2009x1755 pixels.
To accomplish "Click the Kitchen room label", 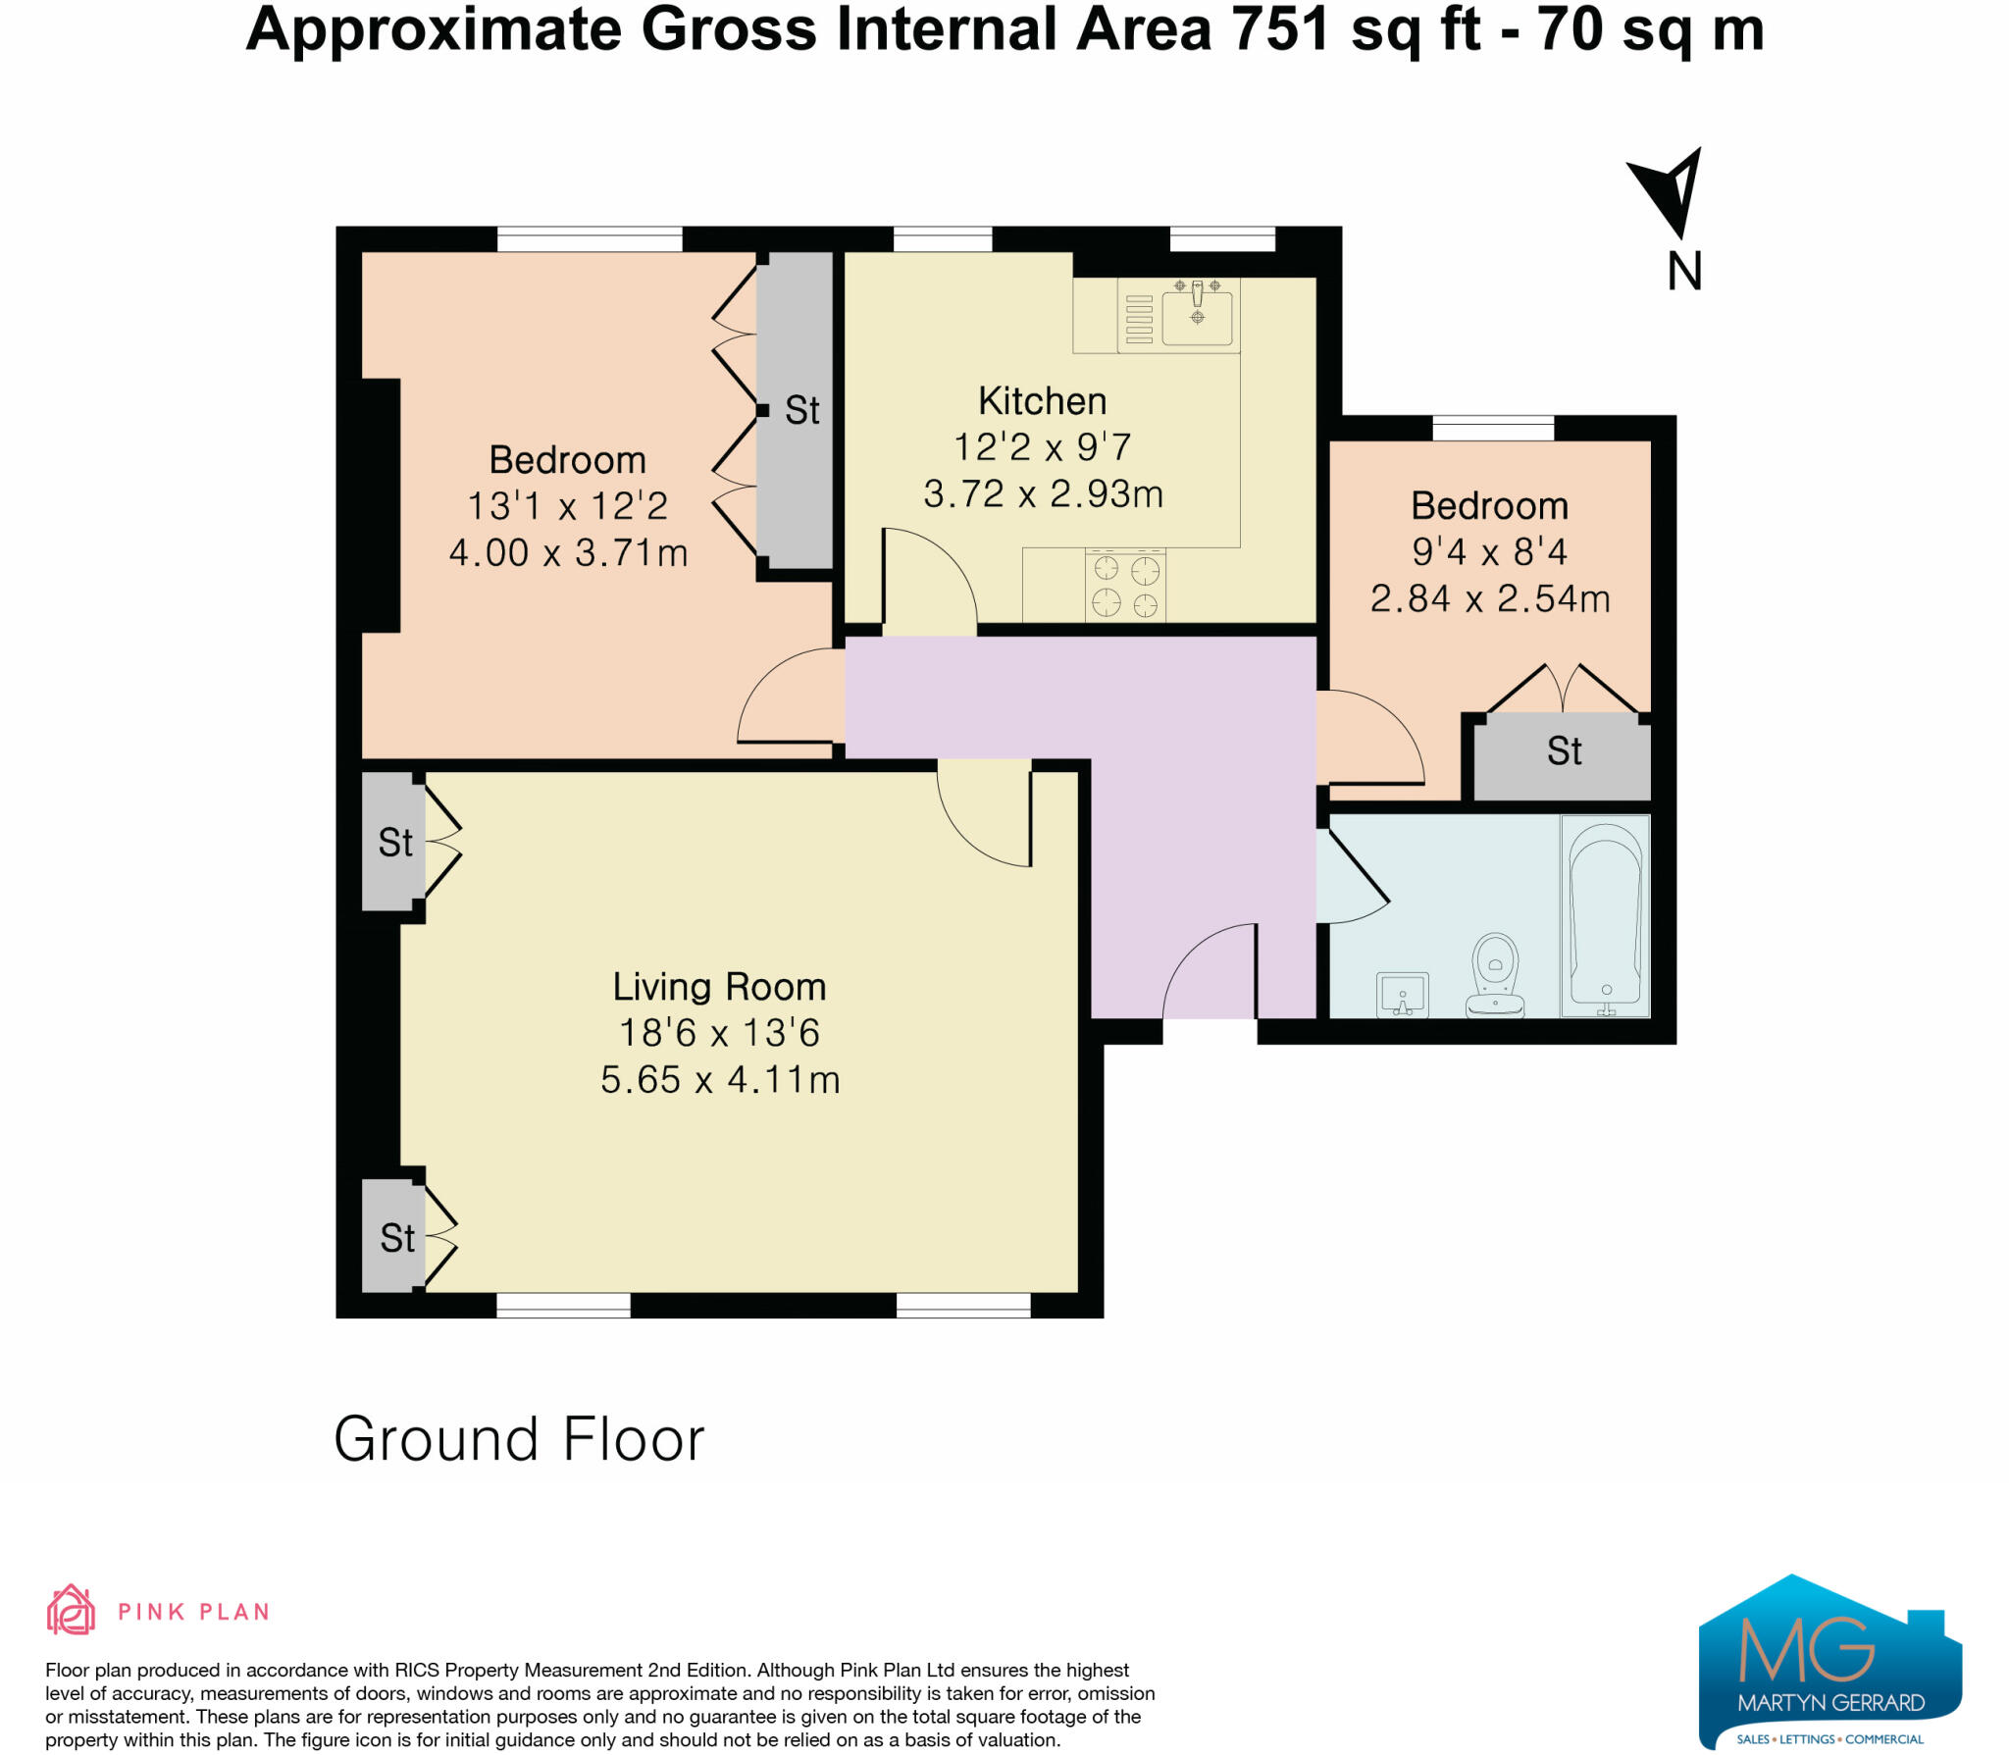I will point(1042,401).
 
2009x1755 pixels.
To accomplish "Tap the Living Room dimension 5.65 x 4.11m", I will point(720,1080).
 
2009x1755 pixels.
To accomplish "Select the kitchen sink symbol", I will point(1197,313).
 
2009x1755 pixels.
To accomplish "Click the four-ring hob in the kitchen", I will point(1125,586).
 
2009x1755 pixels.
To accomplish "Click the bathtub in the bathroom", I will point(1606,915).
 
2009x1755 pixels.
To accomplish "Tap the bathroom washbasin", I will point(1402,995).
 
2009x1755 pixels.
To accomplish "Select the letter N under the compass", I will point(1684,271).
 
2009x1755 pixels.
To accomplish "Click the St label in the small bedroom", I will point(1564,751).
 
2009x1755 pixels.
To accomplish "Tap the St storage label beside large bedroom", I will point(801,410).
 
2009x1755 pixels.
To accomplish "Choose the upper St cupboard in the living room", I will point(395,842).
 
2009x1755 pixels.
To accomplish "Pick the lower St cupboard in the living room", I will point(396,1238).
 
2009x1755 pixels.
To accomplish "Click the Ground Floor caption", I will point(519,1439).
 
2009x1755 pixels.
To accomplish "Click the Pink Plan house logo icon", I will point(71,1611).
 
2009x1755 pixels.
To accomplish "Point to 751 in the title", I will point(1280,29).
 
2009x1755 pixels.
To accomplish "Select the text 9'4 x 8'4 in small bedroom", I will point(1489,552).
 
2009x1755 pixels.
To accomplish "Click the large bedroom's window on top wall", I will point(590,239).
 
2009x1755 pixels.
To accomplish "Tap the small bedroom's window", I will point(1493,428).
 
